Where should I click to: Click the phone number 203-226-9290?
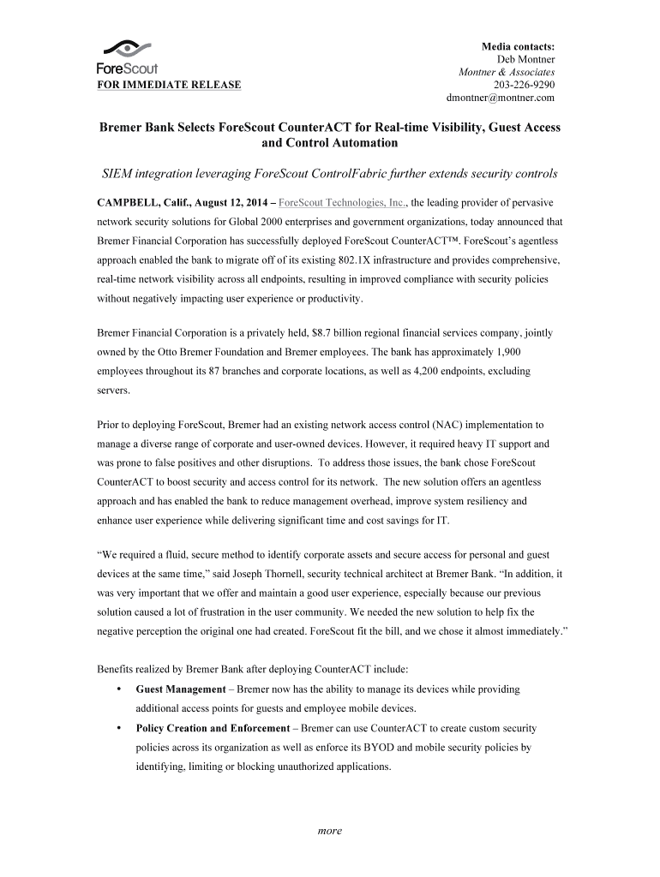(x=525, y=85)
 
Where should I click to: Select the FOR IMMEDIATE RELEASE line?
(x=168, y=85)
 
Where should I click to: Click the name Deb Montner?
(x=526, y=59)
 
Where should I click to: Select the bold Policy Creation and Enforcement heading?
(x=213, y=728)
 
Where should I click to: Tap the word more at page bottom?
(x=330, y=831)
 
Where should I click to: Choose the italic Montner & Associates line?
(x=507, y=72)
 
